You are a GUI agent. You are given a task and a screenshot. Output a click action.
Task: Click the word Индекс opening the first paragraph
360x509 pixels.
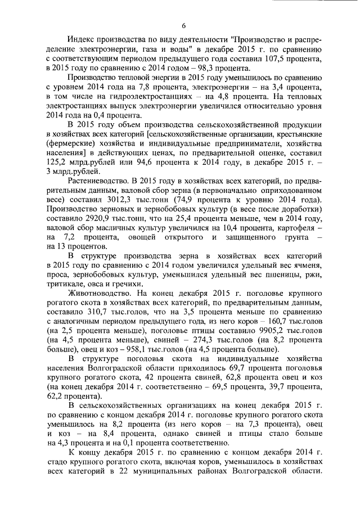[x=83, y=40]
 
